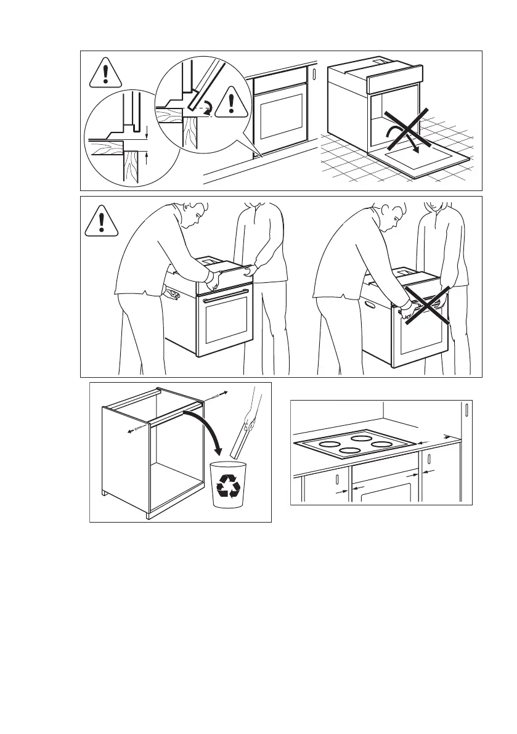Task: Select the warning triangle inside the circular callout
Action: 231,102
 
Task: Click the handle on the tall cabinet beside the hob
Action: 468,410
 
